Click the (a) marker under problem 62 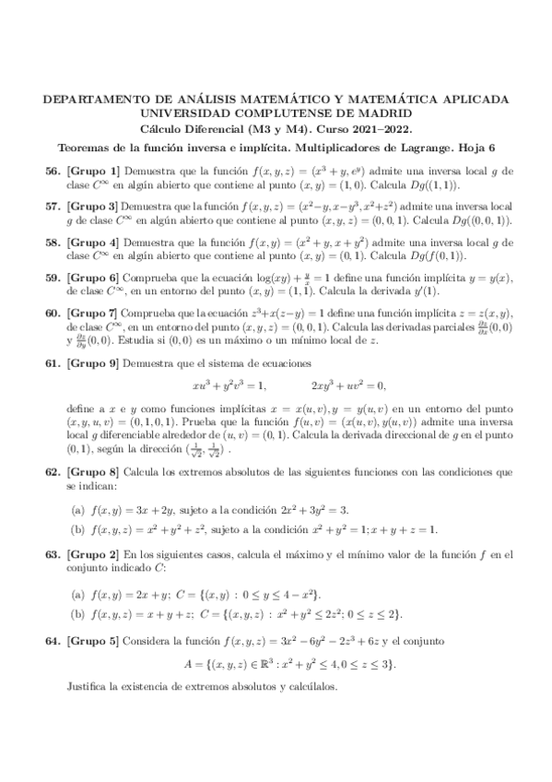coord(78,508)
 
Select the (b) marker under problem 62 coord(78,528)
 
